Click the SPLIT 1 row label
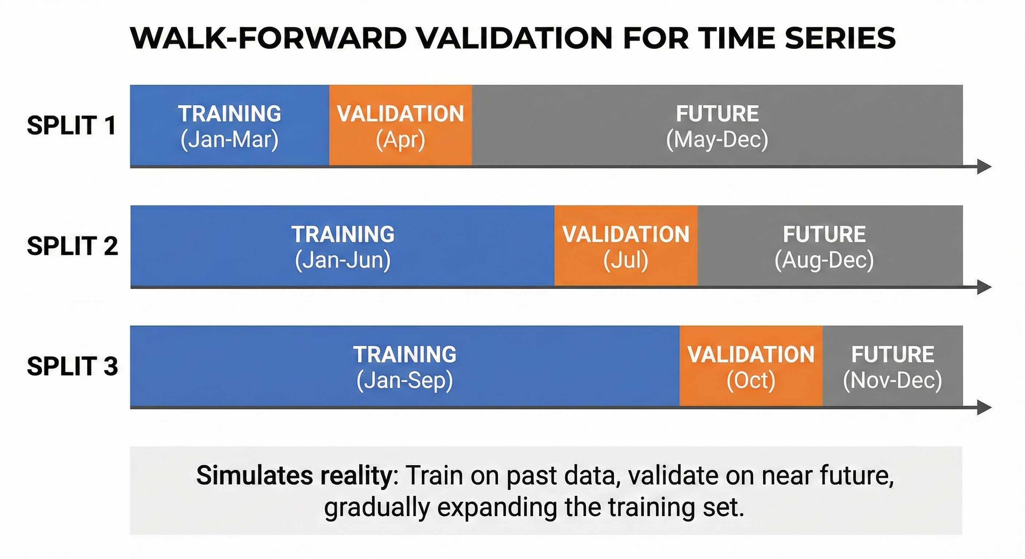[72, 125]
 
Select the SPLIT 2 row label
[72, 246]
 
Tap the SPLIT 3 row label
[72, 366]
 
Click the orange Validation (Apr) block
[400, 125]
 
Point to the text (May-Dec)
[717, 140]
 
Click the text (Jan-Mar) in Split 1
[230, 140]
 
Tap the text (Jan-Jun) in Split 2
[343, 261]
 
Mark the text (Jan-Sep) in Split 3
[405, 381]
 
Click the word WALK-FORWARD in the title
[269, 39]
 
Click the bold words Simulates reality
[294, 475]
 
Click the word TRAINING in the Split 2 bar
[343, 234]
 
